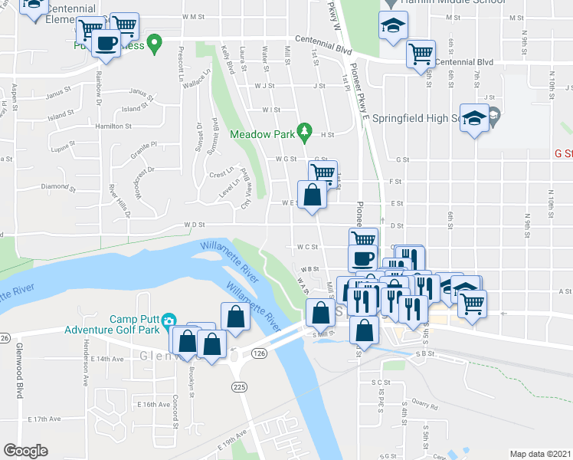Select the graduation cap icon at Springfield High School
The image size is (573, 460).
[x=474, y=119]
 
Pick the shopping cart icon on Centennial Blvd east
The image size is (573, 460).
[x=421, y=54]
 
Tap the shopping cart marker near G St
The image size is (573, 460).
[x=323, y=172]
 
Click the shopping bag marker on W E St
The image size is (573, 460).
[x=312, y=194]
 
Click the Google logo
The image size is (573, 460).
[x=25, y=451]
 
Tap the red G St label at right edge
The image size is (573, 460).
[x=563, y=153]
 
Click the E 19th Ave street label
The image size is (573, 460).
[x=232, y=435]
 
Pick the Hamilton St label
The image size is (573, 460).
[x=108, y=126]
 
